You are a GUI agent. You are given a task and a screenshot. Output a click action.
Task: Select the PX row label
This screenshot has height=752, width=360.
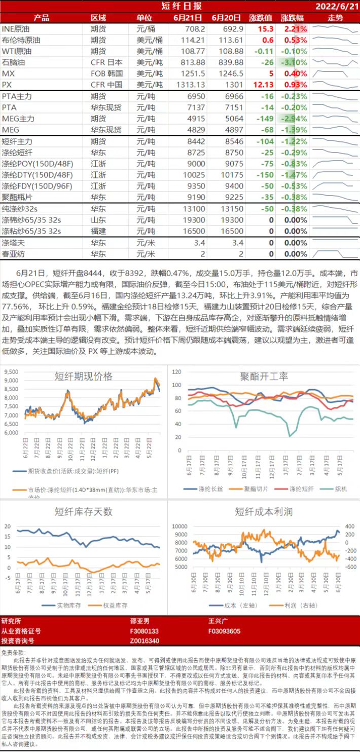7,85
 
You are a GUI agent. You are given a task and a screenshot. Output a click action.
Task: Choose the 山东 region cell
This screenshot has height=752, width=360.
98,220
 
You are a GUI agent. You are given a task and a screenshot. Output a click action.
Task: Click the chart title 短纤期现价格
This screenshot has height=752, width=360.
84,376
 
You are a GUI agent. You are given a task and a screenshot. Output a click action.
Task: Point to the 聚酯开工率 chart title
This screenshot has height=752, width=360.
264,376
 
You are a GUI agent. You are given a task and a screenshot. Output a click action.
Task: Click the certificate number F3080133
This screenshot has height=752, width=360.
145,631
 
